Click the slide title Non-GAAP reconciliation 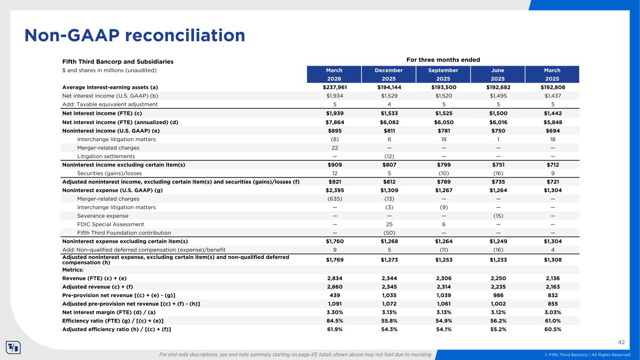click(135, 36)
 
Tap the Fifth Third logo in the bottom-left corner click(13, 348)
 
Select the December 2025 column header click(389, 75)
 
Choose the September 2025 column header click(443, 75)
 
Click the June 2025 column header click(497, 75)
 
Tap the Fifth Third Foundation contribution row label click(124, 232)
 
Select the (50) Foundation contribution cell click(389, 232)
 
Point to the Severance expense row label click(103, 216)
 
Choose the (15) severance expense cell click(497, 216)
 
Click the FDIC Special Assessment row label click(111, 224)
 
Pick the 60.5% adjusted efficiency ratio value click(552, 329)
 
